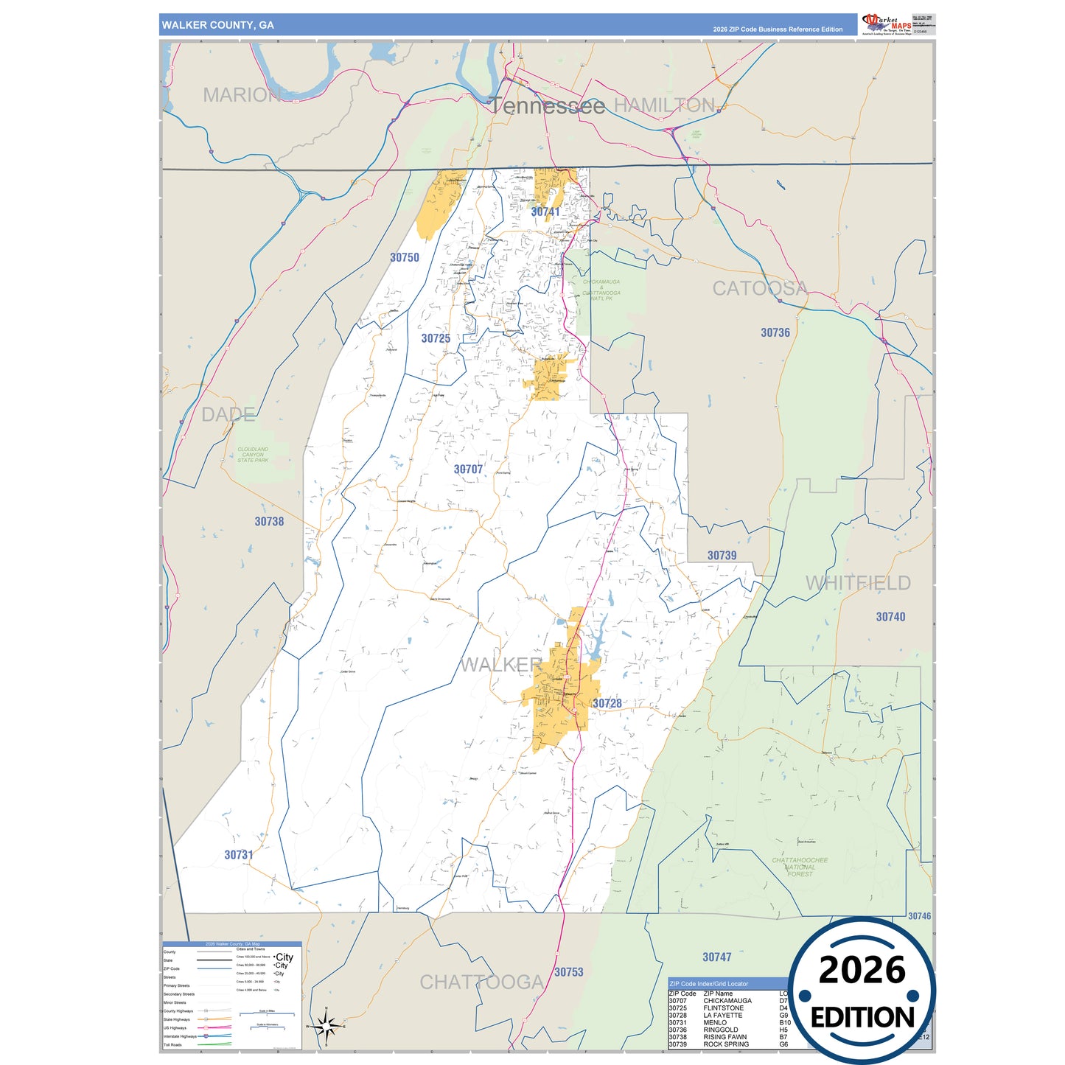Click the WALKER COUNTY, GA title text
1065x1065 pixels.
point(217,25)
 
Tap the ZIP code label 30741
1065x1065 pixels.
point(545,212)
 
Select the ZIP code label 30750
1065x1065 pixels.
point(405,257)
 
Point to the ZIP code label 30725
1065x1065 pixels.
point(436,338)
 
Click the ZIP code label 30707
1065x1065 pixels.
point(468,469)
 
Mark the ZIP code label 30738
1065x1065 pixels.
point(269,521)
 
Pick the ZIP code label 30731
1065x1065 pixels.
point(239,855)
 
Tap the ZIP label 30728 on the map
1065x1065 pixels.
point(607,703)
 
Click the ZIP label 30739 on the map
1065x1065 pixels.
point(722,556)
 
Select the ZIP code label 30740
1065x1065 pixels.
point(890,617)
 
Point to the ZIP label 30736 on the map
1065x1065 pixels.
point(775,332)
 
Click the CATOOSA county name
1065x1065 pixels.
point(760,288)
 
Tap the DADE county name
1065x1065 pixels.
point(228,414)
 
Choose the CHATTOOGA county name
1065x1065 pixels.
point(482,982)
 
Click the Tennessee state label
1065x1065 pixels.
point(547,106)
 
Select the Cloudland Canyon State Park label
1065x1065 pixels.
point(253,455)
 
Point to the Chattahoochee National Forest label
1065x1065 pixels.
point(800,867)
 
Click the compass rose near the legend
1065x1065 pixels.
point(326,1025)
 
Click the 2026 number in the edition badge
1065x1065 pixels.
point(862,970)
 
